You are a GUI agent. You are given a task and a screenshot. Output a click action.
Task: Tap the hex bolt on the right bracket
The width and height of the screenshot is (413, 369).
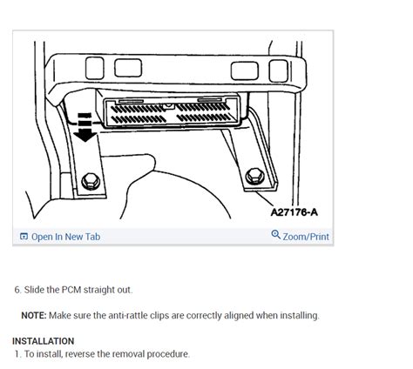coord(254,177)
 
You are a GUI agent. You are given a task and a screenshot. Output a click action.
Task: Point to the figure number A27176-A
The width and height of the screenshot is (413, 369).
coord(294,211)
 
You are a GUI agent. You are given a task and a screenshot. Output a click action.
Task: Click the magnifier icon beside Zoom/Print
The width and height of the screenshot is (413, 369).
coord(276,235)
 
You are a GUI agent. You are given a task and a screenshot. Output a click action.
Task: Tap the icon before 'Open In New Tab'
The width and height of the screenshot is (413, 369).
coord(24,236)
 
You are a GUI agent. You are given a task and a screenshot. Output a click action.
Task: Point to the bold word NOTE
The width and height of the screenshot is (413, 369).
coord(35,315)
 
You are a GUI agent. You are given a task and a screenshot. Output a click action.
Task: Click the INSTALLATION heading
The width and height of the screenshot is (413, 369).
coord(44,341)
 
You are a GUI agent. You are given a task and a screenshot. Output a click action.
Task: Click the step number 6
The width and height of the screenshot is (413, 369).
coord(17,290)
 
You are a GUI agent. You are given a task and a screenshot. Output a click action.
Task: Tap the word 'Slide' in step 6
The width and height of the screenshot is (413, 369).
coord(35,290)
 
